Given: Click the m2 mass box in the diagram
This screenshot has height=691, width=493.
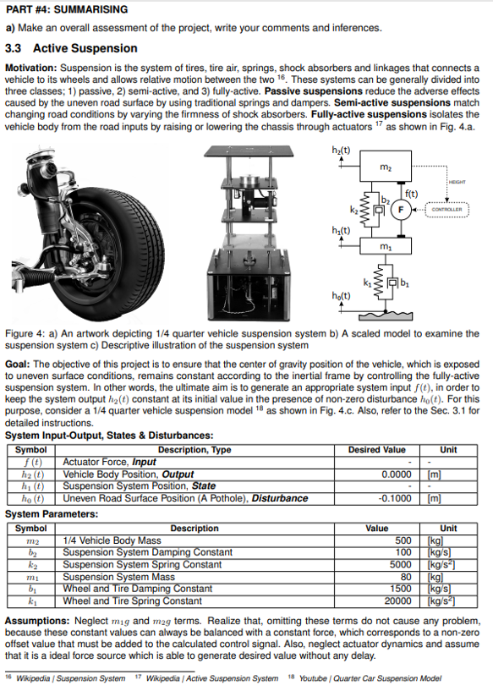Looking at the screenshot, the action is [x=386, y=166].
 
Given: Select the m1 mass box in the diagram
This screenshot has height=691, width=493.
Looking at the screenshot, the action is [x=386, y=246].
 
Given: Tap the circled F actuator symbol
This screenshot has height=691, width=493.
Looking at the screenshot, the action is [x=401, y=209].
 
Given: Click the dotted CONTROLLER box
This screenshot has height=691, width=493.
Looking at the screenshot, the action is [x=446, y=209].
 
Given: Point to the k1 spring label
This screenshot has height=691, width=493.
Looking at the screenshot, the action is [x=367, y=282].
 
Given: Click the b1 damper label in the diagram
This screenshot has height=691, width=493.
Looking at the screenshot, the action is [x=405, y=283].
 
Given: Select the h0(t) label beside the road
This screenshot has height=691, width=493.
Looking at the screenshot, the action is [x=342, y=296].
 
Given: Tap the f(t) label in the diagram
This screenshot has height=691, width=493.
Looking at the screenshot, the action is [x=412, y=194].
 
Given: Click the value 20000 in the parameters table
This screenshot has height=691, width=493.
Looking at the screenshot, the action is [x=397, y=601].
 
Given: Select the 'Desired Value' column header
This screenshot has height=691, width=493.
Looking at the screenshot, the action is [x=376, y=450].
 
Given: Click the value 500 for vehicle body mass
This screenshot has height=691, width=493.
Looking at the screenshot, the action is [x=403, y=540].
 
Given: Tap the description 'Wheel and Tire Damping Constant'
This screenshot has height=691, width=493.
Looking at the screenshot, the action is [x=138, y=589].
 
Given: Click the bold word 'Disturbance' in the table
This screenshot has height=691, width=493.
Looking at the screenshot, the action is [x=280, y=498].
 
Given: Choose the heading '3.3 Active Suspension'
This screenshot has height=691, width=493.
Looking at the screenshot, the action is [x=71, y=48].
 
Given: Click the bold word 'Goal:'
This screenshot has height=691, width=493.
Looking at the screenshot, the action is [x=17, y=365].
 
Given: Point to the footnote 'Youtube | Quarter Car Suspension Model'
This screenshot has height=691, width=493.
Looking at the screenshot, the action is [x=370, y=678].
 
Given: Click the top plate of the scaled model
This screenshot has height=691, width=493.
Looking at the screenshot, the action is [x=249, y=151].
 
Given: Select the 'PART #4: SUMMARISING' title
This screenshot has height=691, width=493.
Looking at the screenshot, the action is [x=67, y=9].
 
